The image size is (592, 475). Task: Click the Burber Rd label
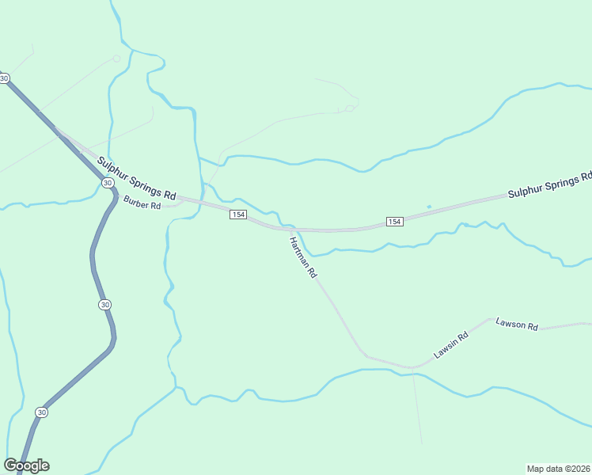(x=142, y=205)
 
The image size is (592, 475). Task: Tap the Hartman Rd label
(x=303, y=257)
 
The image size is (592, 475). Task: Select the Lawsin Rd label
(x=451, y=345)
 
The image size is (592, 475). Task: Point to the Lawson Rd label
(x=517, y=325)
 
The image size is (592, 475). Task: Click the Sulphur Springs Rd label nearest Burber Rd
(x=136, y=177)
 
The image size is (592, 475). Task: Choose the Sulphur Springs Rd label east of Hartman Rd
(x=549, y=184)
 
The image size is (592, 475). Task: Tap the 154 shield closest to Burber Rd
(x=237, y=215)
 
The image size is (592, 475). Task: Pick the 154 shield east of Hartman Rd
(x=395, y=222)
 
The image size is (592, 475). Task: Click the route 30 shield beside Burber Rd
(x=107, y=183)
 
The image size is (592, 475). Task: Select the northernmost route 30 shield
(x=5, y=78)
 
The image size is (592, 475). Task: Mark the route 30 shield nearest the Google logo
(x=41, y=412)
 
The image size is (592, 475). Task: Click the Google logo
(x=26, y=465)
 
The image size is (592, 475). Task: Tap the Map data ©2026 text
(x=558, y=468)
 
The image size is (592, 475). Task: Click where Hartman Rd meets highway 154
(x=289, y=230)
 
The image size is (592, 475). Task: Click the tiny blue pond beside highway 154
(x=429, y=207)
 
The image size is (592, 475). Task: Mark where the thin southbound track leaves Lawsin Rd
(x=412, y=369)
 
